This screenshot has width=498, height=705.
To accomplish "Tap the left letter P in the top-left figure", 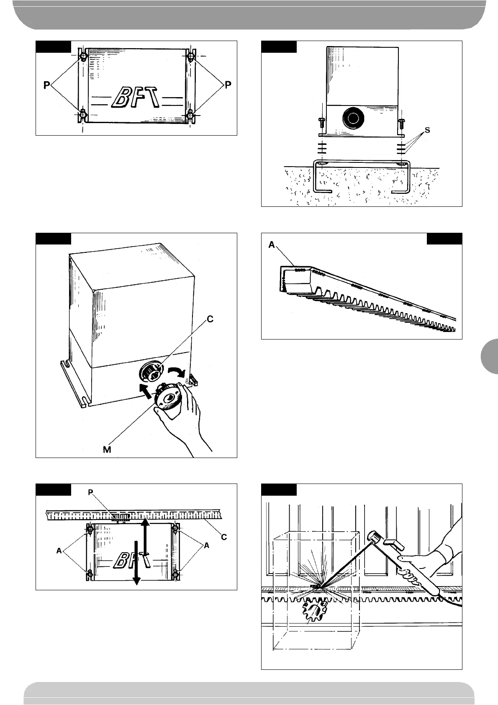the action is click(47, 85).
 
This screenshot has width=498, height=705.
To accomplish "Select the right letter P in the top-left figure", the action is click(228, 85).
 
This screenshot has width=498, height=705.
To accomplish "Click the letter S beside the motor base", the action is click(427, 130).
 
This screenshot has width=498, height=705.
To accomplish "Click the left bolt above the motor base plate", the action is click(321, 123).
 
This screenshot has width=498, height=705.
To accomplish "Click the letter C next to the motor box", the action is click(210, 319).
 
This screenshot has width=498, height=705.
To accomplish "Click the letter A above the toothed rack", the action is click(272, 245).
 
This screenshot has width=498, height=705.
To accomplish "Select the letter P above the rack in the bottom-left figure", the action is click(90, 492).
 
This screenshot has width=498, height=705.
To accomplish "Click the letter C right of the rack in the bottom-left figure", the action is click(224, 537).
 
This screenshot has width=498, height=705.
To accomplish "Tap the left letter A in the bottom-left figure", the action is click(59, 551).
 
